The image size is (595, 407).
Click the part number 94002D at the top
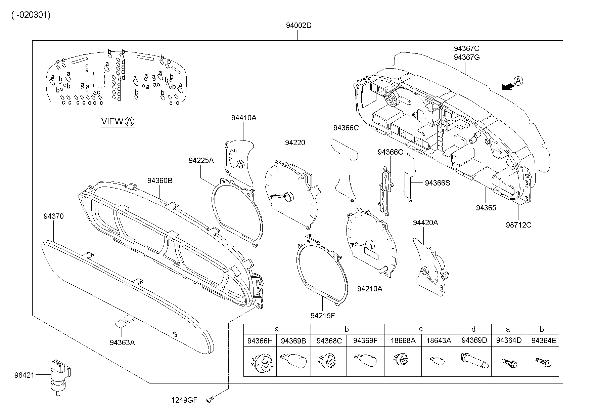tap(299, 26)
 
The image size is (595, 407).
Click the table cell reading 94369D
tap(474, 340)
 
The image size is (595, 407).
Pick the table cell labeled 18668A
tap(403, 340)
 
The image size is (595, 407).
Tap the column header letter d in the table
tap(473, 329)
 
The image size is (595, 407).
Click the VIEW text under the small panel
tap(112, 121)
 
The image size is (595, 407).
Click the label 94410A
tap(243, 118)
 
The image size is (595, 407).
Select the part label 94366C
tap(346, 128)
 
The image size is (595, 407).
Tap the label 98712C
tap(518, 225)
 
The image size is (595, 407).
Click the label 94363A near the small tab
tap(122, 342)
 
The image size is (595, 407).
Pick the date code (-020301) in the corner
tap(31, 15)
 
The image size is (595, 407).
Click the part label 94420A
tap(425, 223)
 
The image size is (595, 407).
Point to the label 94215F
tap(323, 316)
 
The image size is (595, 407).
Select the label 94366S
tap(437, 183)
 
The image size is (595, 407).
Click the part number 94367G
tap(466, 57)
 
